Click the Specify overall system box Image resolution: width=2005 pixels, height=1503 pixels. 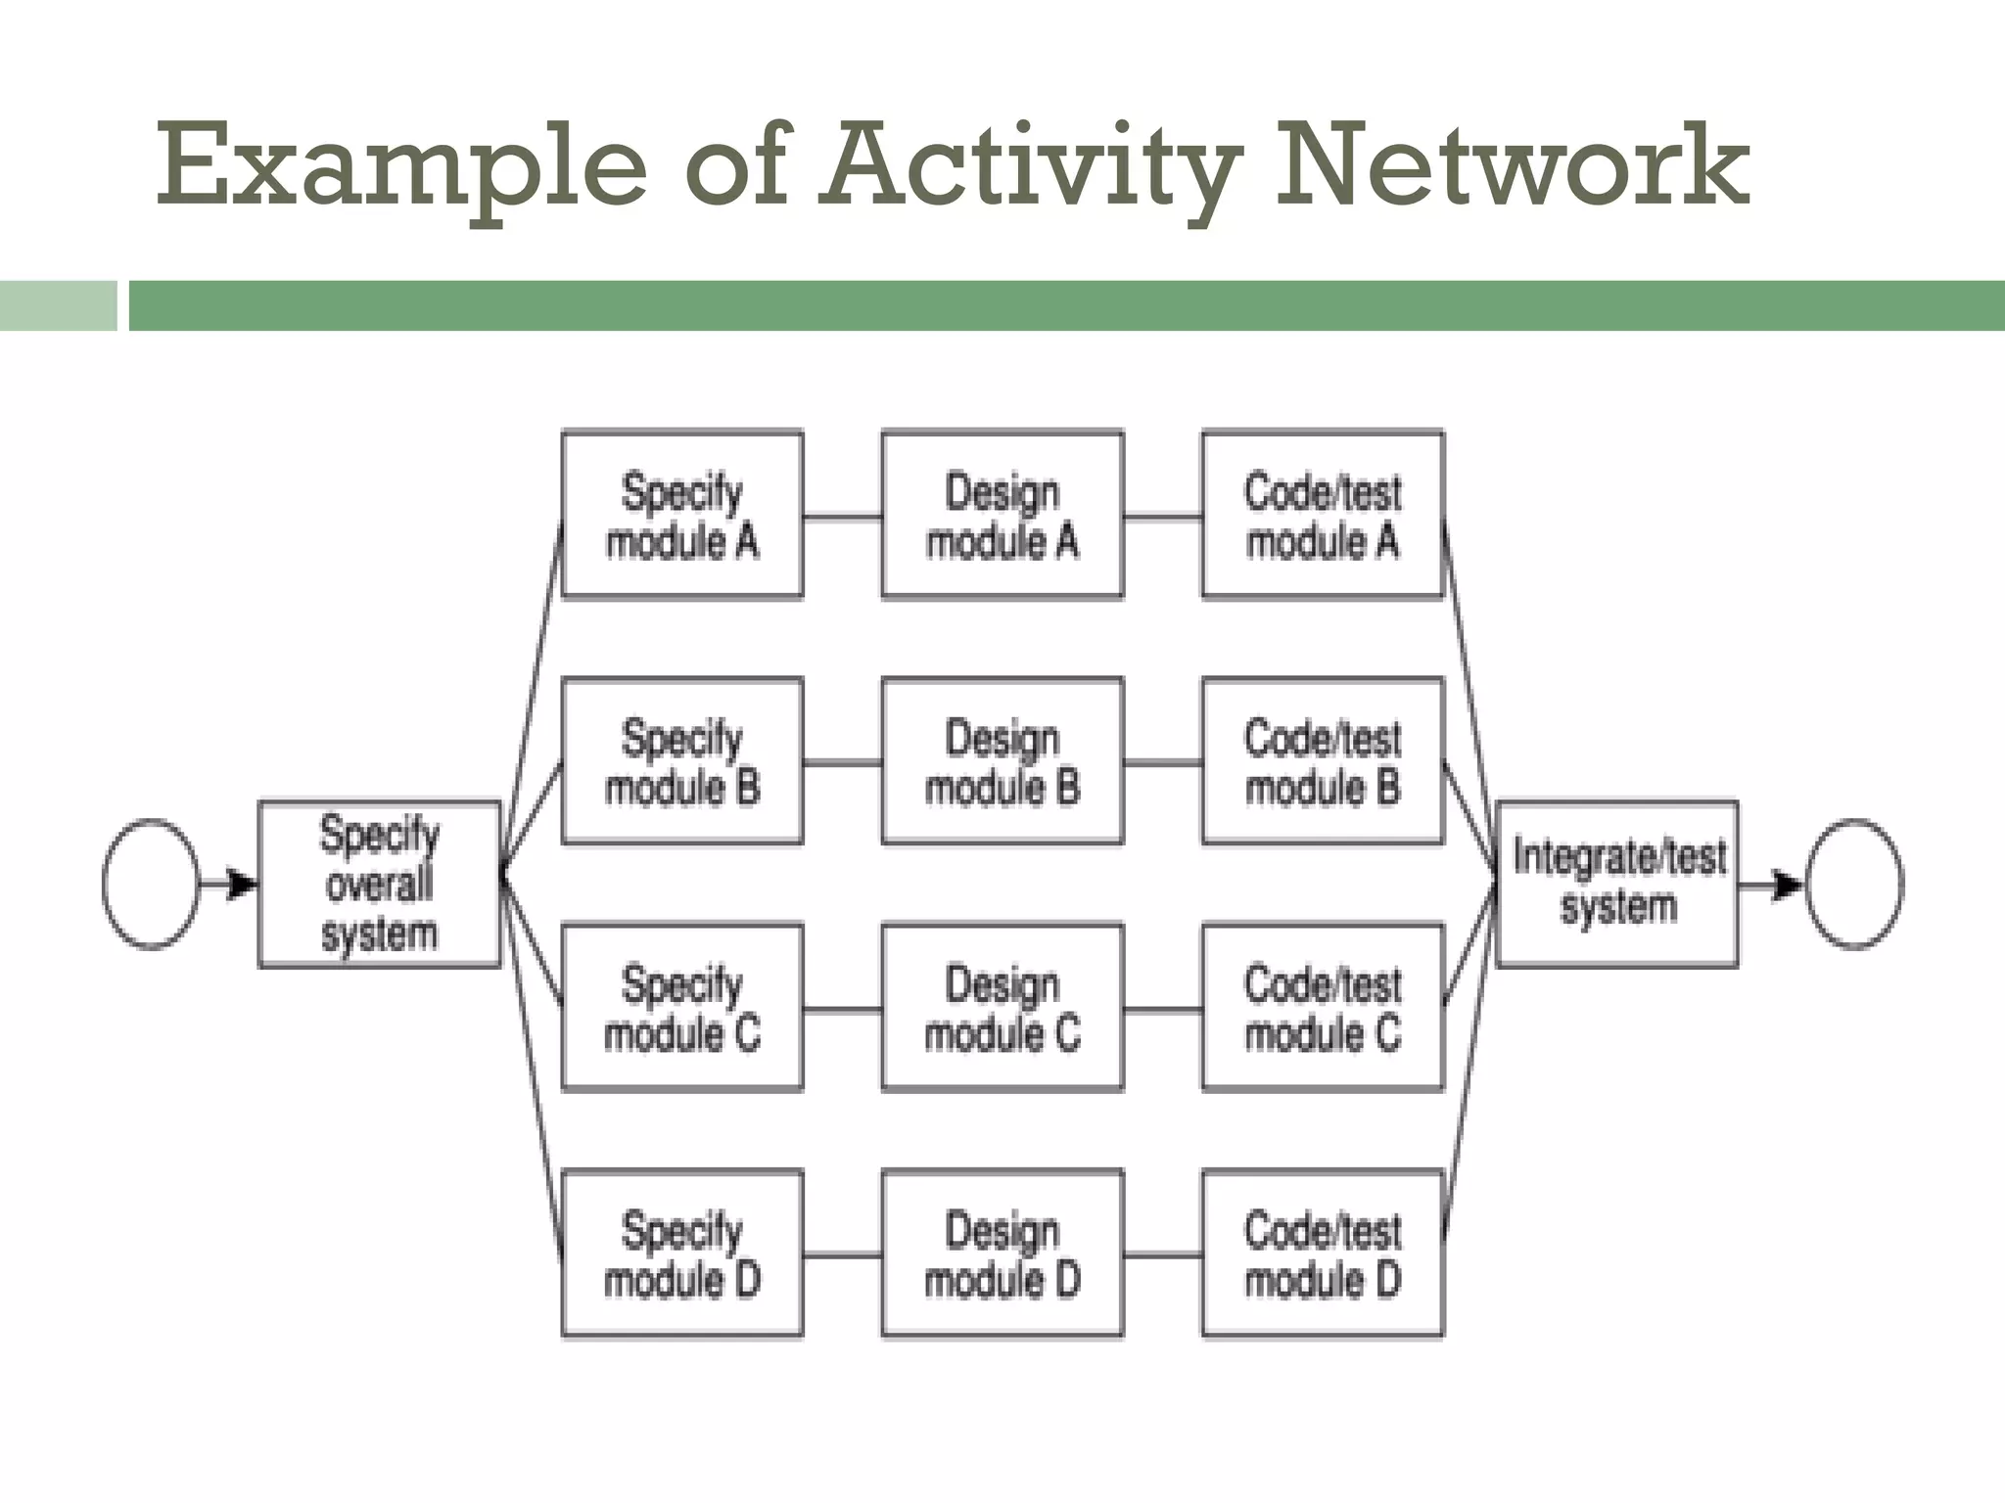379,885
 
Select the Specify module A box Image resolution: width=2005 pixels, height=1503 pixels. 682,515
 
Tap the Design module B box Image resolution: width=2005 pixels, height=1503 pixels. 1002,761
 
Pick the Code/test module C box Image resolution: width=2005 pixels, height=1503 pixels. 1323,1008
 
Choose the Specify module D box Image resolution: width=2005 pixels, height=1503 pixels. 682,1253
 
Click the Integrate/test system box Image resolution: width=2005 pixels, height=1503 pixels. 1617,885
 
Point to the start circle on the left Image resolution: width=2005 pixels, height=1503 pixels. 151,885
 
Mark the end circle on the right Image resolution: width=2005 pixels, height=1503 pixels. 1854,885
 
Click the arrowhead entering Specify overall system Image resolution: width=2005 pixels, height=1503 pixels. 241,885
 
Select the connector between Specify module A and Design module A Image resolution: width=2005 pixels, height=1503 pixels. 842,516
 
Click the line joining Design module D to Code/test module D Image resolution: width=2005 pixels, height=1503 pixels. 1162,1254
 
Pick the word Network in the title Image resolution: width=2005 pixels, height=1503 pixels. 1513,166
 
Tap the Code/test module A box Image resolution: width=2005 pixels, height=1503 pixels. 1323,515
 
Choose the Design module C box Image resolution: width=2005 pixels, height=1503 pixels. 1002,1008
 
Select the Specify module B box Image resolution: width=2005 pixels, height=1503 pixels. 682,761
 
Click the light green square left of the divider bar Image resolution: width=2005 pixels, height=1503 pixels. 58,305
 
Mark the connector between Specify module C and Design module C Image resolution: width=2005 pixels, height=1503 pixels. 842,1009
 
